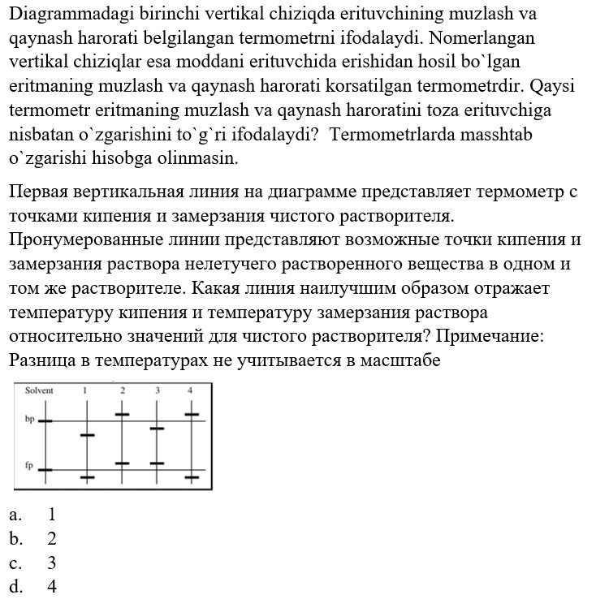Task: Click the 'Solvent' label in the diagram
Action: pos(39,390)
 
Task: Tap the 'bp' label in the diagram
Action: pos(29,421)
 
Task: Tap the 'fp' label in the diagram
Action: pos(29,467)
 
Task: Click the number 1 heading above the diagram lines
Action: pos(85,390)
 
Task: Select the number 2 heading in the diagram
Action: pos(123,390)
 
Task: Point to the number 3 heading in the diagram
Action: pos(158,390)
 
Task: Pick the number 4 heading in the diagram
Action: pos(191,390)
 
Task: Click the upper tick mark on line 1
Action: pos(87,435)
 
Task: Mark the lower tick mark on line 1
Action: pos(87,477)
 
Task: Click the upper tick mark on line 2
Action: pos(123,415)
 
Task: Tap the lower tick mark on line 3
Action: pos(158,463)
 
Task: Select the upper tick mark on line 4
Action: pos(191,415)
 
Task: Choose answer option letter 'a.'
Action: pos(14,514)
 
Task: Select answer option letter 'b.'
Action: pos(15,538)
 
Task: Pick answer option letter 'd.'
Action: pos(15,587)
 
